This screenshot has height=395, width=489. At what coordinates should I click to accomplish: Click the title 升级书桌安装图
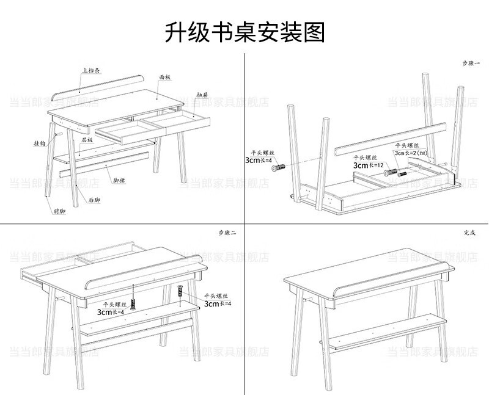[x=244, y=32]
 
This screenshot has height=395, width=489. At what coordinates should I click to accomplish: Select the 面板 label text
[x=165, y=78]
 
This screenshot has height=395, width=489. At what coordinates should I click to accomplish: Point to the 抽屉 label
[x=202, y=96]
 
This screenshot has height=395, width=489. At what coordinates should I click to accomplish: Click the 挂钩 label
[x=40, y=144]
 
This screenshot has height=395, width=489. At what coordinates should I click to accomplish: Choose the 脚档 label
[x=119, y=181]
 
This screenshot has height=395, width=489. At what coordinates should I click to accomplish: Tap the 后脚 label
[x=94, y=200]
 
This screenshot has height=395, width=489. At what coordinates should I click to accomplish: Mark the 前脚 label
[x=59, y=211]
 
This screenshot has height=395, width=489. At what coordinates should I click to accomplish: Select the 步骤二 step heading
[x=227, y=233]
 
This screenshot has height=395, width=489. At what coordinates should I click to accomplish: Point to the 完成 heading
[x=469, y=233]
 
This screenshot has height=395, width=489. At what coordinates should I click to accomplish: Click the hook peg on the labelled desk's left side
[x=59, y=132]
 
